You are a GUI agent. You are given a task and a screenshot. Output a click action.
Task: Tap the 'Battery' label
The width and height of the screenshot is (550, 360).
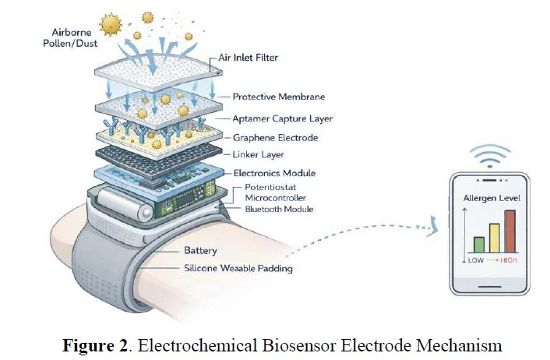click(201, 251)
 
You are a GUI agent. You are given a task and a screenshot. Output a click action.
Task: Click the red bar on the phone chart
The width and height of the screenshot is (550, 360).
click(509, 231)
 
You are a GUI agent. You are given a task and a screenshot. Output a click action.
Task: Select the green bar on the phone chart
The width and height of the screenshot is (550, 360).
click(478, 244)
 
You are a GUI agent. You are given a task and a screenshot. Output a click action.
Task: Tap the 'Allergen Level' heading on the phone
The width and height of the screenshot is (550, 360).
click(492, 198)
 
